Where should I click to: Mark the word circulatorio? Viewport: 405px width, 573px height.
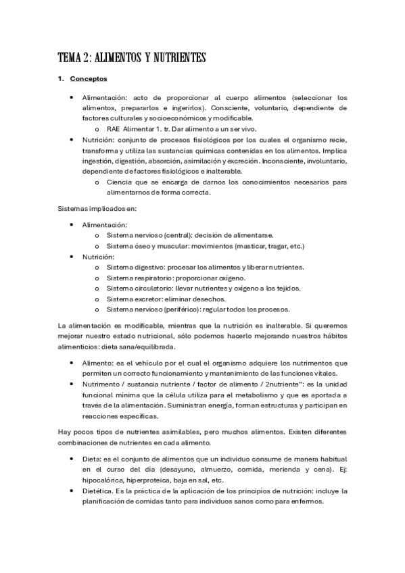pos(154,288)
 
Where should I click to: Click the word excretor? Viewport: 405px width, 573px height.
pos(147,299)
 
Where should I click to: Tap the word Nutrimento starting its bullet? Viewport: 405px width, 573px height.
pos(101,384)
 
